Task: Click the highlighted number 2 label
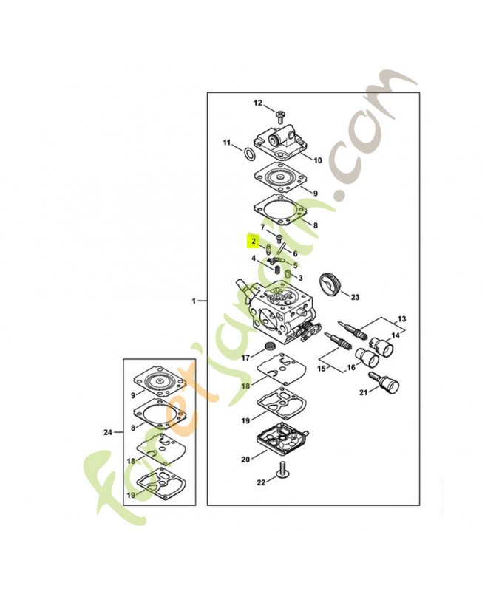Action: click(x=253, y=241)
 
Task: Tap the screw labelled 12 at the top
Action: click(x=280, y=115)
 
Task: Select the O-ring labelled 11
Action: click(x=251, y=154)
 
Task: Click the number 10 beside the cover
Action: click(x=318, y=160)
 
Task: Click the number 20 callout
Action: click(x=245, y=460)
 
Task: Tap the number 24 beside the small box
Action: click(x=108, y=432)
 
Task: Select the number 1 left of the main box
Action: click(x=194, y=301)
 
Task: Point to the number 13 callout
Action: click(x=402, y=319)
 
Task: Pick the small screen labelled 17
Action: click(x=270, y=347)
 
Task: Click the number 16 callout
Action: click(x=351, y=366)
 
